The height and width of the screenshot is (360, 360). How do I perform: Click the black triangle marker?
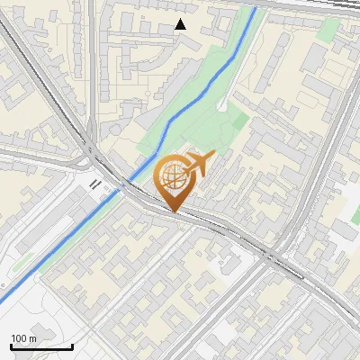(181, 24)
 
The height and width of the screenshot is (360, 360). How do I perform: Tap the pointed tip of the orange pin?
(174, 211)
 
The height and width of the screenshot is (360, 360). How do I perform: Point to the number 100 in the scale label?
(19, 338)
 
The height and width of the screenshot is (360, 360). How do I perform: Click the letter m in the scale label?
(32, 338)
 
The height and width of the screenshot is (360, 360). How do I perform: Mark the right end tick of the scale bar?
(72, 346)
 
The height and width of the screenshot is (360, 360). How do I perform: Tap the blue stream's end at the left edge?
(2, 299)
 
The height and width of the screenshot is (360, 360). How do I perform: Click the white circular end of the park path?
(220, 105)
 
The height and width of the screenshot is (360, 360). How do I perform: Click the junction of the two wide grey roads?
(93, 157)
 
